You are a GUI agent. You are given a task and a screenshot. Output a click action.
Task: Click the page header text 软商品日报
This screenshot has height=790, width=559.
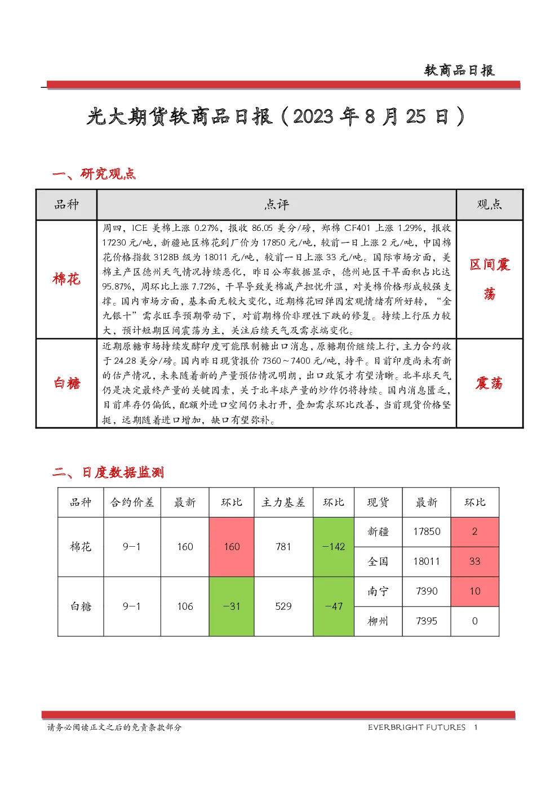459,70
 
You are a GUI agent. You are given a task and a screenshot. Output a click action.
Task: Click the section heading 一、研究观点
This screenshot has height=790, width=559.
94,173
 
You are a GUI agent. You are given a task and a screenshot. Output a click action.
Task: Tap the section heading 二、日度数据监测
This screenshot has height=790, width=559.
108,472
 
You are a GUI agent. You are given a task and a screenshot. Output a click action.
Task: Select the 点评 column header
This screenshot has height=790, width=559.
277,204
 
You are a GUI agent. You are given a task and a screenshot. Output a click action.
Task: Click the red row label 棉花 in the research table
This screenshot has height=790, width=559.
66,279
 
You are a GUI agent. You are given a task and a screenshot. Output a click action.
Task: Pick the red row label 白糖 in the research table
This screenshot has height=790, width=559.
67,383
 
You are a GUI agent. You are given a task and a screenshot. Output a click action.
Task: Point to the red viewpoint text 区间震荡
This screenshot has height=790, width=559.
490,279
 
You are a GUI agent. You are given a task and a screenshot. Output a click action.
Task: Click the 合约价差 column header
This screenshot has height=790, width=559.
132,502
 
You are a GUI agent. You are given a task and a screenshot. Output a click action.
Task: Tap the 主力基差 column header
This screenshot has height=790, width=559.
283,502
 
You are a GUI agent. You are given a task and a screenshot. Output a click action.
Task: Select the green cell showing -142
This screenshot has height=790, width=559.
334,547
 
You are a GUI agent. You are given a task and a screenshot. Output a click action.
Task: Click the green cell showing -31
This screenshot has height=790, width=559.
232,606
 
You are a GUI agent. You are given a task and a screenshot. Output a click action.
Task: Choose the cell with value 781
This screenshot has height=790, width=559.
283,547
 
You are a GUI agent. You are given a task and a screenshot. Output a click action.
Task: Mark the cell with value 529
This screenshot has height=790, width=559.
283,606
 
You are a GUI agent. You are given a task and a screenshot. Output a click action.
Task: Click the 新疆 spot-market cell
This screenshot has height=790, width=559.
378,532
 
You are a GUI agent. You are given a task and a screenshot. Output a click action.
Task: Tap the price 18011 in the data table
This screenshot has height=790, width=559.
427,561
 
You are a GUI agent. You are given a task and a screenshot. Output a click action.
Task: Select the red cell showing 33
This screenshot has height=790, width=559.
474,561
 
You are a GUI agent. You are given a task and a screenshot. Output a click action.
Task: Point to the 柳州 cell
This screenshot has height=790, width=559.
378,621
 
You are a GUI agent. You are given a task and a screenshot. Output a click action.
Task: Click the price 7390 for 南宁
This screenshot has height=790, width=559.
427,591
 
